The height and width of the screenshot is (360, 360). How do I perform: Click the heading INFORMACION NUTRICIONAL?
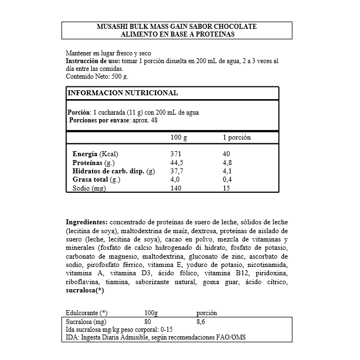click(x=122, y=93)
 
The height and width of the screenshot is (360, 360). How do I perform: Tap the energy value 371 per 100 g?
click(x=176, y=153)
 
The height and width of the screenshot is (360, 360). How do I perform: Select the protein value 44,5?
click(x=177, y=162)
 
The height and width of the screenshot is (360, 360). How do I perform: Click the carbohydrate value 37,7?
click(x=177, y=171)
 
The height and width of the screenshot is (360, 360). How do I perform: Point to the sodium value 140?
click(x=176, y=189)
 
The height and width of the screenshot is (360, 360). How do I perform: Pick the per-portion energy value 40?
click(x=227, y=153)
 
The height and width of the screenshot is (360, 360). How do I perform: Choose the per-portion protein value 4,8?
click(x=227, y=162)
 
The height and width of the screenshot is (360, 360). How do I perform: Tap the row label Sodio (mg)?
click(x=89, y=189)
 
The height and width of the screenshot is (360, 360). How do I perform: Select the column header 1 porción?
click(x=236, y=137)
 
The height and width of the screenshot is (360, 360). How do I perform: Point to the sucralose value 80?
click(x=147, y=321)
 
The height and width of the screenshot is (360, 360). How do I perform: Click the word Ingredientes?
click(x=86, y=221)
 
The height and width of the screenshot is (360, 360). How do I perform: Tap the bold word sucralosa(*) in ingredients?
click(x=85, y=290)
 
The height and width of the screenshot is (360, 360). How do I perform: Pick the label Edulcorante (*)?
click(x=86, y=313)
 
